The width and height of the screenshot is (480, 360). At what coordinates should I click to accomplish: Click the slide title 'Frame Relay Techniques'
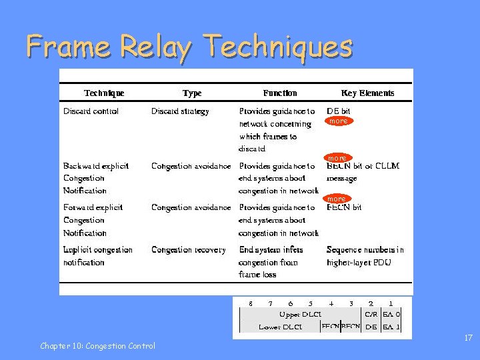(189, 47)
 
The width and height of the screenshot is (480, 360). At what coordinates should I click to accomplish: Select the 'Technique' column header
(104, 93)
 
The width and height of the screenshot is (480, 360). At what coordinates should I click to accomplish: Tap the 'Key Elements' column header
(367, 93)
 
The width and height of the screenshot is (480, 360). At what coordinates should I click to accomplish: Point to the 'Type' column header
(192, 93)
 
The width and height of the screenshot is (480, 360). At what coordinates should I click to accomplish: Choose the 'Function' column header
(280, 93)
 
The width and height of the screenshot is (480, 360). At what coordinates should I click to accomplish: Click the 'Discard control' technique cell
(91, 111)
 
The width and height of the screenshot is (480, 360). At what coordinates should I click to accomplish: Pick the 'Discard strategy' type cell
(180, 111)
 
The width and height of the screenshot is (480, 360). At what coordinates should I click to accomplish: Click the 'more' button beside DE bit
(338, 121)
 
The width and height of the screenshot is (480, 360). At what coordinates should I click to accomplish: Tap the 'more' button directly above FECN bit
(337, 199)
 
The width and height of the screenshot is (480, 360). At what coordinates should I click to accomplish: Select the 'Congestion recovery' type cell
(189, 250)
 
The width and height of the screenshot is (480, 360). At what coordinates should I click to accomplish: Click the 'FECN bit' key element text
(344, 208)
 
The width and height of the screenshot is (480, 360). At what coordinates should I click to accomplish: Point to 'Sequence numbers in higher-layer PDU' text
(365, 256)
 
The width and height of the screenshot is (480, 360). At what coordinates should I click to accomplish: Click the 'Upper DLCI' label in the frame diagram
(300, 314)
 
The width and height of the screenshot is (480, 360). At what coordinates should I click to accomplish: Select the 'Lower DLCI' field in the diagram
(280, 327)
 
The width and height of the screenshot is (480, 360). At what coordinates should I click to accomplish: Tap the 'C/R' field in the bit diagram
(371, 314)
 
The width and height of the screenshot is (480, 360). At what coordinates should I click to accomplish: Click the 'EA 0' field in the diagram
(392, 314)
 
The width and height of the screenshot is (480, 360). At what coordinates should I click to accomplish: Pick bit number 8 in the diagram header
(251, 303)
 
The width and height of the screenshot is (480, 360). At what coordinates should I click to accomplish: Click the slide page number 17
(468, 339)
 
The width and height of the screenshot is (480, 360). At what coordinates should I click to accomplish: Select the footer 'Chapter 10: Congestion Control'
(97, 346)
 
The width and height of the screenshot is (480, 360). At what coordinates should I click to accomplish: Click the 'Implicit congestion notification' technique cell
(98, 256)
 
